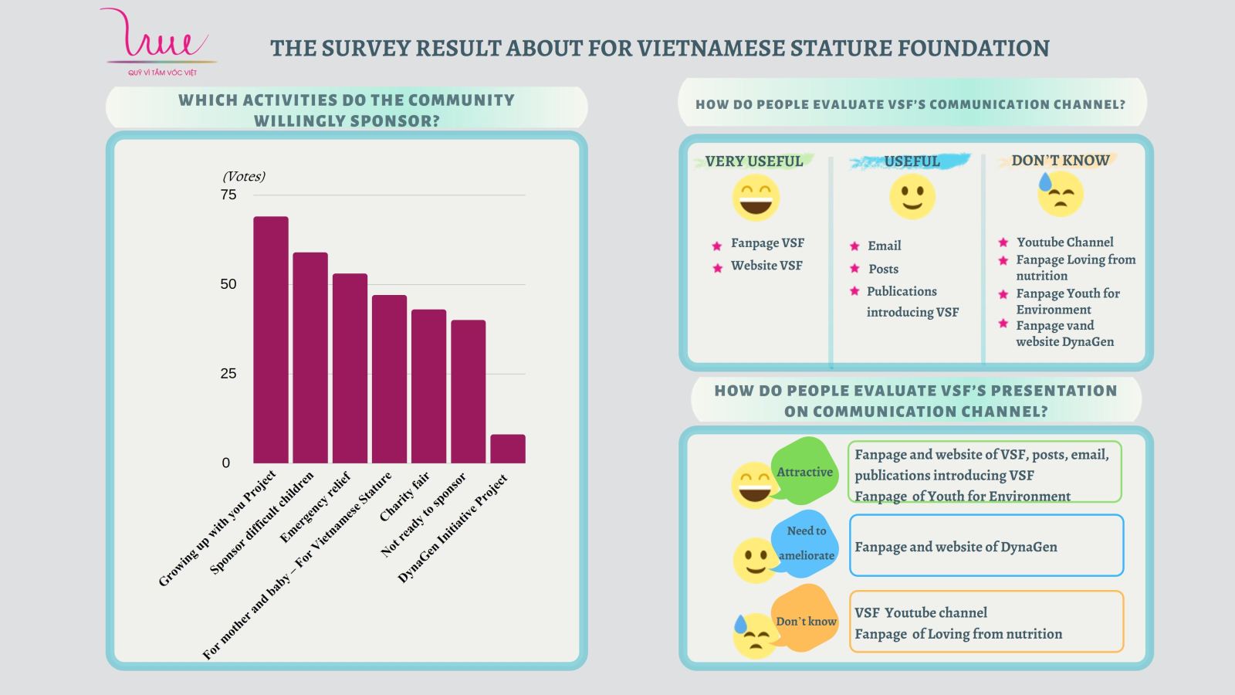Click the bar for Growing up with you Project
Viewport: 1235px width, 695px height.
[x=271, y=340]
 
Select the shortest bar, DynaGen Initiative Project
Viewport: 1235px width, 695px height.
[x=508, y=449]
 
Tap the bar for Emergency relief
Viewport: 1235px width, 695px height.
[x=350, y=368]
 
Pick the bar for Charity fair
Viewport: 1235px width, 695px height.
[x=428, y=386]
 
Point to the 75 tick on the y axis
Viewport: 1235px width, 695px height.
[x=228, y=195]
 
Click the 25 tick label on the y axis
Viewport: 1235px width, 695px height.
[x=228, y=374]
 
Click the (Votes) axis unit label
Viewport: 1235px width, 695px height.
[x=244, y=176]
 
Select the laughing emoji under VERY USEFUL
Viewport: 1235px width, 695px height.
[x=756, y=197]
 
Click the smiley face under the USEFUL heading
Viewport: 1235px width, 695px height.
[x=912, y=196]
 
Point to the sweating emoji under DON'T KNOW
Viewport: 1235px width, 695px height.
[x=1060, y=194]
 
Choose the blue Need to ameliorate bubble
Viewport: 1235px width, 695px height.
[x=805, y=543]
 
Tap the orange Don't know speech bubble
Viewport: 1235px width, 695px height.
[x=805, y=620]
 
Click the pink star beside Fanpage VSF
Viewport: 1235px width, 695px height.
[x=717, y=246]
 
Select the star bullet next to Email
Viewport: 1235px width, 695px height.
[x=854, y=246]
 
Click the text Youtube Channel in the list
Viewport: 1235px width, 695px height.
[x=1064, y=242]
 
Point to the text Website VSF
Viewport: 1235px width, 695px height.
[x=766, y=265]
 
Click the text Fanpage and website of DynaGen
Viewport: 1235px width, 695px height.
[x=956, y=547]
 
